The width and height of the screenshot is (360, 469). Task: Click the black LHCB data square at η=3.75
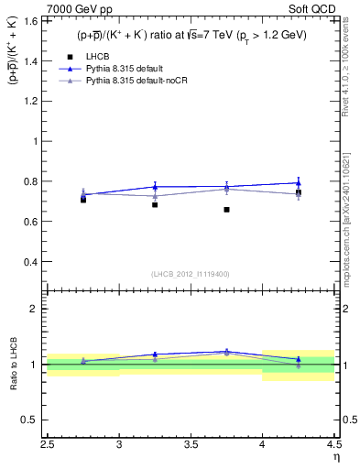coord(226,210)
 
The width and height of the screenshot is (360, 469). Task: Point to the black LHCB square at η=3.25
coord(155,204)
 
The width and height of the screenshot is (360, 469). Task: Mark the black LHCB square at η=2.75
coord(83,199)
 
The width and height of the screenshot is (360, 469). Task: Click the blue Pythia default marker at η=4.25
coord(298,183)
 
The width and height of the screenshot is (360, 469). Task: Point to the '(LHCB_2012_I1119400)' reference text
coord(191,273)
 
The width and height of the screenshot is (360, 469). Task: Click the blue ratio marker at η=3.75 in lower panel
coord(226,351)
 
